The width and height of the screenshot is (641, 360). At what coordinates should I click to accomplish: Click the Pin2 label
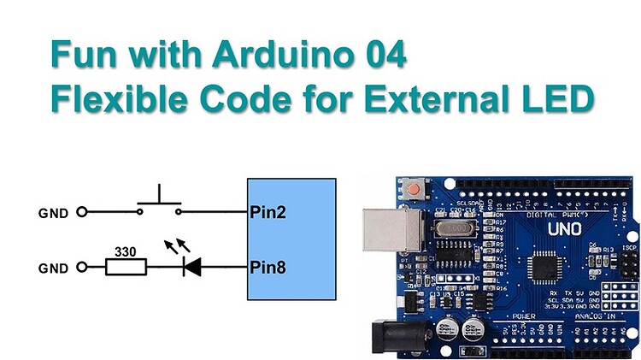tap(267, 211)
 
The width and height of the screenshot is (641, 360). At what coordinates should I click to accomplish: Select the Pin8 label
tap(267, 268)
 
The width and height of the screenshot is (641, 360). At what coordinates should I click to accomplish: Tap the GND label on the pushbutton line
tap(53, 212)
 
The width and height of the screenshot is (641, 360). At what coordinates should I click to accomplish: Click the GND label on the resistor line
tap(53, 269)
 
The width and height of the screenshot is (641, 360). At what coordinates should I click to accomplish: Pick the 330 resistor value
tap(126, 252)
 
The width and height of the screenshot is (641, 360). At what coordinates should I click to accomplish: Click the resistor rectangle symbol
tap(126, 268)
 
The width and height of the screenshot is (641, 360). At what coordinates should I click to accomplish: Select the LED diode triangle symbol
tap(191, 268)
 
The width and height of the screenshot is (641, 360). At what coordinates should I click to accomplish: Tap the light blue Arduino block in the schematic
tap(291, 239)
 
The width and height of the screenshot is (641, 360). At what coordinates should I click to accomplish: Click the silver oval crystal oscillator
tap(456, 228)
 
